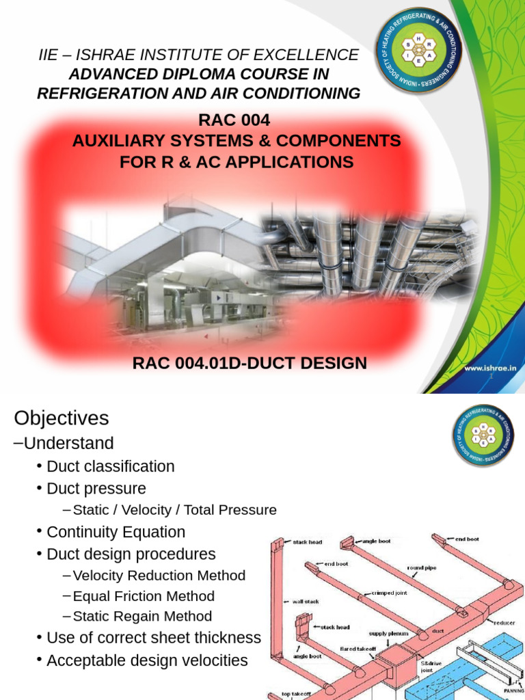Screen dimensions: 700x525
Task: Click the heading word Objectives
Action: coord(62,418)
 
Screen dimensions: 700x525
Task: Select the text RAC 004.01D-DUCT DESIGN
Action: coord(250,363)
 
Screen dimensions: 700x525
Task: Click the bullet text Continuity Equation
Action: coord(116,532)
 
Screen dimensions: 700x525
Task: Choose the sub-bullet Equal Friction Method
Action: coord(144,596)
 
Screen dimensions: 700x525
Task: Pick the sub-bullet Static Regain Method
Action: coord(142,616)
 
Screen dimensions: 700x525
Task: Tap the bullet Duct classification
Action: coord(110,466)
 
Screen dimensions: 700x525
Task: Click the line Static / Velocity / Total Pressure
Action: coord(174,510)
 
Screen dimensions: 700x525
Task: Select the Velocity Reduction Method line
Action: coord(159,576)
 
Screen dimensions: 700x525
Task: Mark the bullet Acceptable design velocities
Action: coord(147,660)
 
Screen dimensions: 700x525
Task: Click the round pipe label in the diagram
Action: coord(422,567)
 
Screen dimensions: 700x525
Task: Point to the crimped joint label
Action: coord(390,593)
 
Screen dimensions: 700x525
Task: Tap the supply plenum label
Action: coord(388,633)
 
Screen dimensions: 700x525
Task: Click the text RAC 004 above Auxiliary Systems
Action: coord(234,120)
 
